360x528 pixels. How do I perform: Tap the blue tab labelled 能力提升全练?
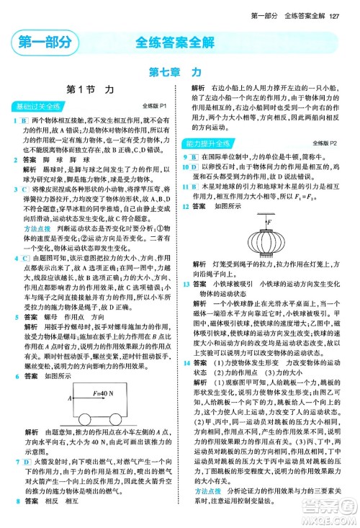pos(210,144)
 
